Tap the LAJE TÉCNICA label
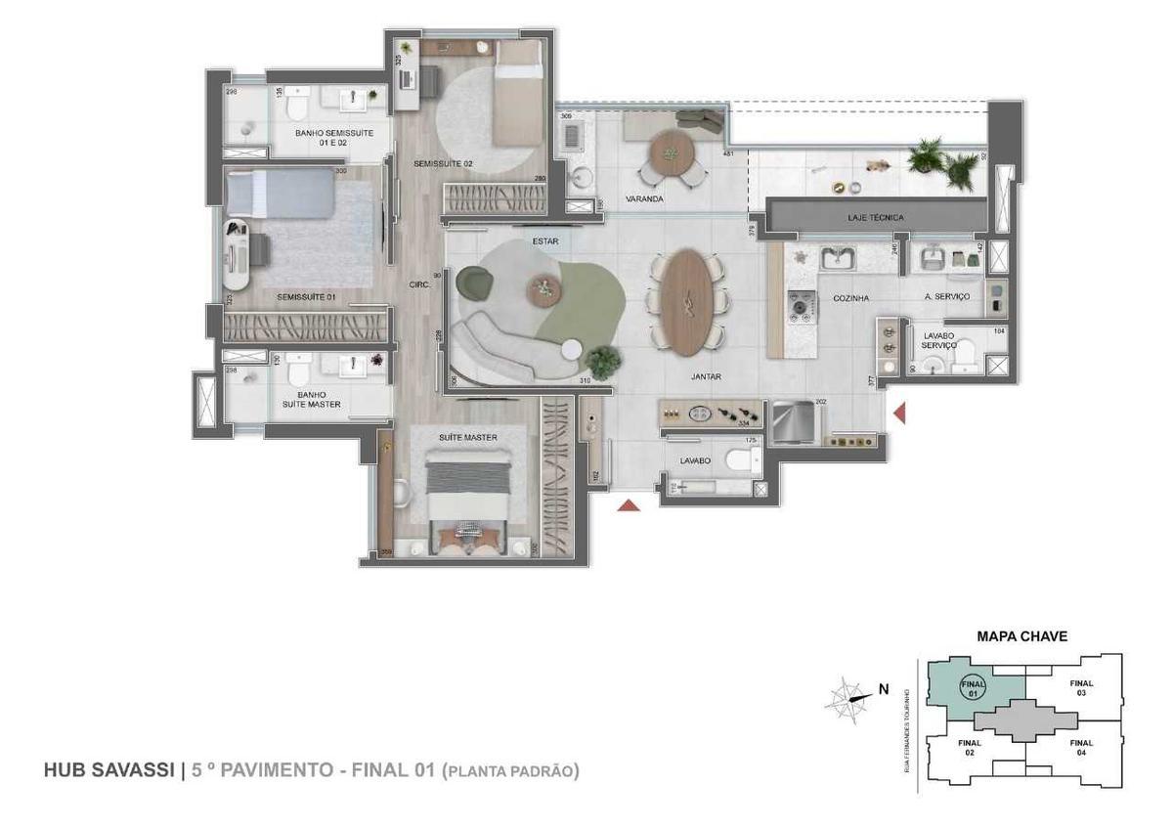[875, 217]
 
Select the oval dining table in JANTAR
[688, 302]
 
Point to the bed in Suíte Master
[469, 494]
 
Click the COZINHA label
[850, 298]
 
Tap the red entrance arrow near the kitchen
[899, 414]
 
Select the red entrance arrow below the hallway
[630, 505]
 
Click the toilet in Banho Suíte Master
[301, 370]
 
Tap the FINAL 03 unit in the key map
[1081, 688]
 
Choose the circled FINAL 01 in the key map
[971, 686]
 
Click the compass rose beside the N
[846, 699]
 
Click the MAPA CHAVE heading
[1021, 636]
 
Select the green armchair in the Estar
[478, 283]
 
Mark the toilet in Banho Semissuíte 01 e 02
[300, 101]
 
